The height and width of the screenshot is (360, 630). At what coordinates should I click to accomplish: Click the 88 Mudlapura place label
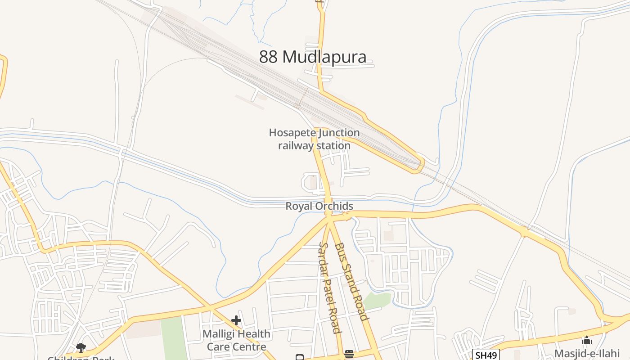pos(313,57)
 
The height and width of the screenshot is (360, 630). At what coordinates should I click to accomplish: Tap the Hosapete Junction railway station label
pos(314,139)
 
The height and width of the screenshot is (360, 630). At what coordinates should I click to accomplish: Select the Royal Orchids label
pos(319,206)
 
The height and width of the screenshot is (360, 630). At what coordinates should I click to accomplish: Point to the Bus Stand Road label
pos(351,281)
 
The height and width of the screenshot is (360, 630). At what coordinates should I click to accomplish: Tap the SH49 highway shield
pos(486,355)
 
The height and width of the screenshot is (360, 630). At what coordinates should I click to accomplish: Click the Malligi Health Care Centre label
pos(236,340)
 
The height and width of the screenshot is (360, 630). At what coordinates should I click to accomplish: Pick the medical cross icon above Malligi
pos(236,320)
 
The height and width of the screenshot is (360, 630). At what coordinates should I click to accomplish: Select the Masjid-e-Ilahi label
pos(586,353)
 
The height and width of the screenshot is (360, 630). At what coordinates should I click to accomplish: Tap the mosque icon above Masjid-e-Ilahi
pos(586,341)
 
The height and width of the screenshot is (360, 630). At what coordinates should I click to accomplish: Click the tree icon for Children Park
pos(81,347)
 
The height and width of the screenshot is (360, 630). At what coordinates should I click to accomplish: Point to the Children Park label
pos(81,358)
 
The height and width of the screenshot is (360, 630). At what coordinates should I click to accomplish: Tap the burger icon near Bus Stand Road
pos(349,354)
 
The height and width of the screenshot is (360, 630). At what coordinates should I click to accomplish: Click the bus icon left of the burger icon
pos(300,357)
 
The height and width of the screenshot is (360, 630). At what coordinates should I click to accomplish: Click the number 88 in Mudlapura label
pos(269,57)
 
